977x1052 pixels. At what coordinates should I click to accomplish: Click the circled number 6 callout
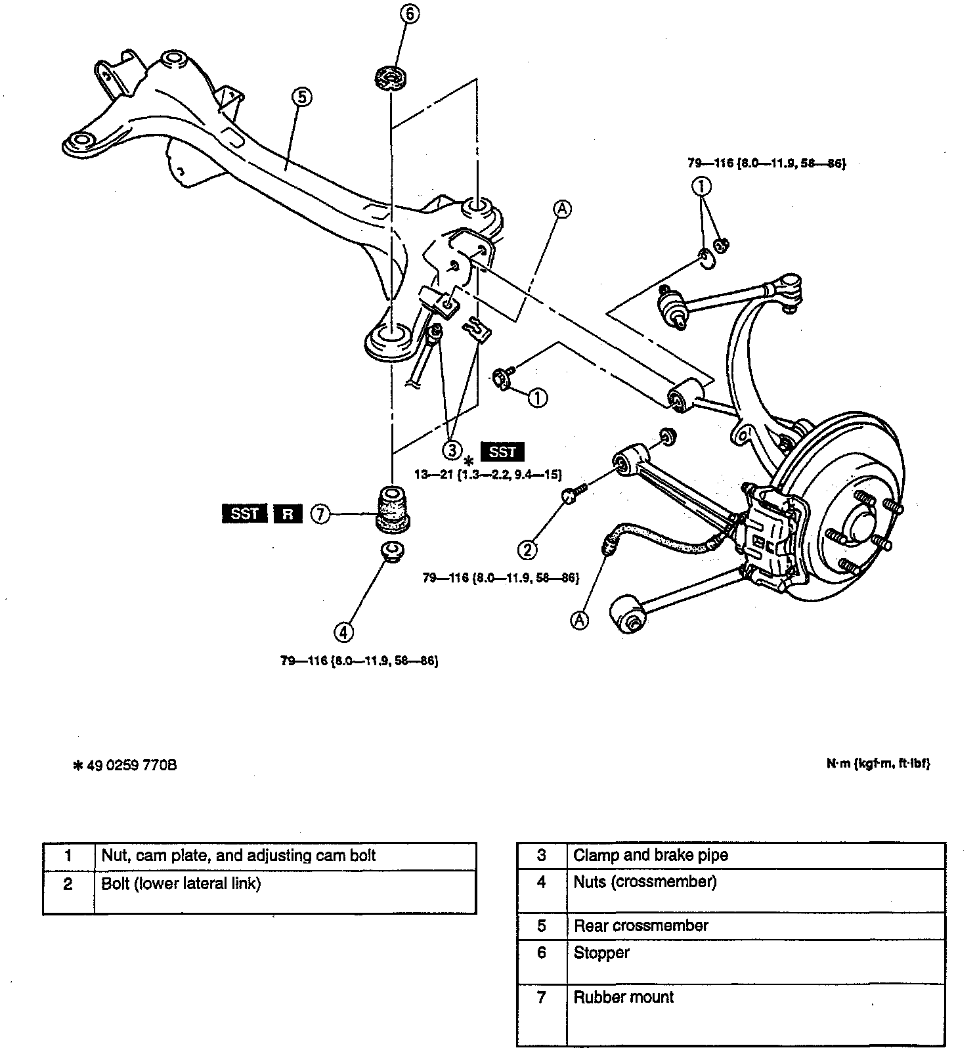(408, 14)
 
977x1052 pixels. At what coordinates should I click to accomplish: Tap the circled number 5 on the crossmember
(301, 97)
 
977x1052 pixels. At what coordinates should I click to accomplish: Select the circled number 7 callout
(320, 514)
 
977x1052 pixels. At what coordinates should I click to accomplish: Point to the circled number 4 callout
(343, 632)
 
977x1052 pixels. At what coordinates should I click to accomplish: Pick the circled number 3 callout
(452, 450)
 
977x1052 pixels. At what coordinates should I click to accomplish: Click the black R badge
(288, 514)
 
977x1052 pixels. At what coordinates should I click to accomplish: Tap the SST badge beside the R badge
(244, 514)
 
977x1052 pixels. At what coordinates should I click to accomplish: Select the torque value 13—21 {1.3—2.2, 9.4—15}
(488, 474)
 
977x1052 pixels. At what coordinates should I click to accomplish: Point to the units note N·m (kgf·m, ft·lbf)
(878, 763)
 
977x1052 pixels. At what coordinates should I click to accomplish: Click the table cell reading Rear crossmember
(641, 926)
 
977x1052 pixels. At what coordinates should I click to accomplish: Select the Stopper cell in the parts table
(601, 953)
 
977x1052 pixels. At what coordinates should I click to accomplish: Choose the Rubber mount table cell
(624, 997)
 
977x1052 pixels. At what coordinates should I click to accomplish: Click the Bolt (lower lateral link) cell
(181, 884)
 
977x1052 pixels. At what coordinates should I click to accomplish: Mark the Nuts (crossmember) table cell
(645, 882)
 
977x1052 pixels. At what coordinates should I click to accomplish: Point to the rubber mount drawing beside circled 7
(392, 507)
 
